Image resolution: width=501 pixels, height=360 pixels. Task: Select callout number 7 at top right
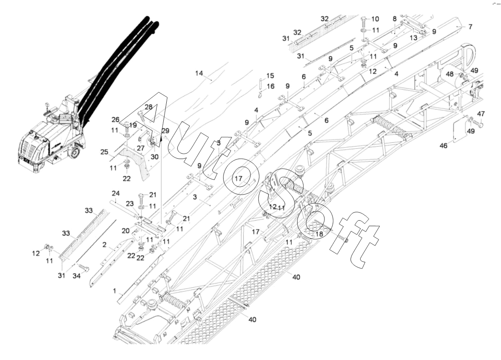click(x=470, y=27)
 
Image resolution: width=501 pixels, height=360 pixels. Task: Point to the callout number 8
click(x=395, y=19)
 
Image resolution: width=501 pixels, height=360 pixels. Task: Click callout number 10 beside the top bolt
click(x=375, y=19)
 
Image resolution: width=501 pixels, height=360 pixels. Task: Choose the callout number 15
click(x=270, y=76)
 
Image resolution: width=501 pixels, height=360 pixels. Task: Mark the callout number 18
click(x=319, y=234)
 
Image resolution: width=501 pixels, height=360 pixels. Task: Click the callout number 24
click(x=115, y=193)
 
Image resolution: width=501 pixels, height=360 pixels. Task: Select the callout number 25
click(x=104, y=152)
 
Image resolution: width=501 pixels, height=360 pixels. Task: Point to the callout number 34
click(x=77, y=276)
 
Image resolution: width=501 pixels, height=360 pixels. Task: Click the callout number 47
click(x=481, y=114)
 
